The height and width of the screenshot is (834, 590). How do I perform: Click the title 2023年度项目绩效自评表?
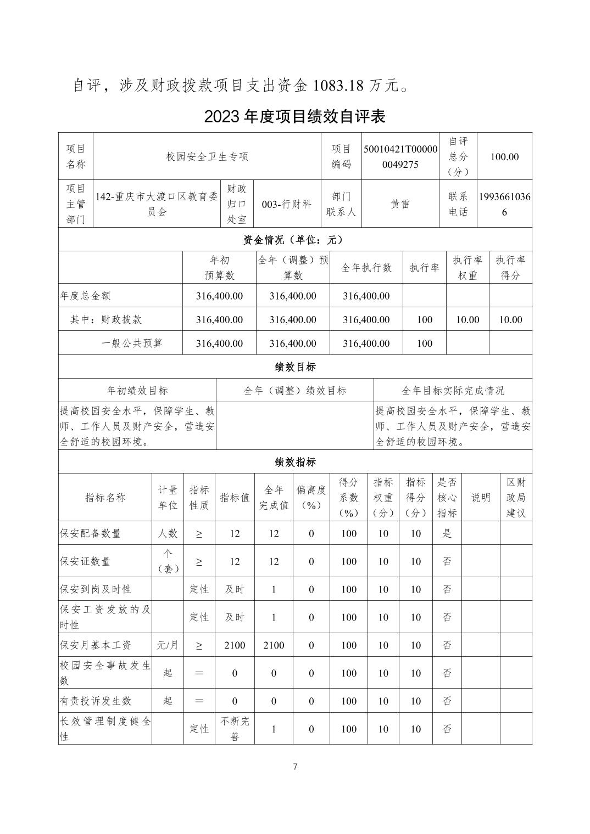pyautogui.click(x=294, y=116)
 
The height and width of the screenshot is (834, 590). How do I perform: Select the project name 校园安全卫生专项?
pyautogui.click(x=207, y=157)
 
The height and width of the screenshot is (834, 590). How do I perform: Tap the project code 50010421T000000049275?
pyautogui.click(x=400, y=157)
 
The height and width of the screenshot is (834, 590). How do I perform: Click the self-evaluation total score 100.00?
pyautogui.click(x=504, y=157)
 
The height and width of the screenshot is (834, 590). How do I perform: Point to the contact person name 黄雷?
pyautogui.click(x=400, y=204)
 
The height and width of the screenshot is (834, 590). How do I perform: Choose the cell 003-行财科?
pyautogui.click(x=286, y=204)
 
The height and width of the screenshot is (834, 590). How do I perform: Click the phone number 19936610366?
pyautogui.click(x=504, y=204)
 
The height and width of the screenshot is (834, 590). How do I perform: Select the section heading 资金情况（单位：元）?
pyautogui.click(x=294, y=240)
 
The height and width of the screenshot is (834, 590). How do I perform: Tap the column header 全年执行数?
pyautogui.click(x=366, y=268)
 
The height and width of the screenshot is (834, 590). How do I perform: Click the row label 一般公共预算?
pyautogui.click(x=132, y=343)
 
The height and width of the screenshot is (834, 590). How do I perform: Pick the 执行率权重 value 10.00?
pyautogui.click(x=467, y=320)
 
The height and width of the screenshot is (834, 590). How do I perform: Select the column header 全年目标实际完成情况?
pyautogui.click(x=453, y=391)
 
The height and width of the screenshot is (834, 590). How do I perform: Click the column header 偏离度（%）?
pyautogui.click(x=311, y=498)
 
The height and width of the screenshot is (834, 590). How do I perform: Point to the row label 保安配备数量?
pyautogui.click(x=91, y=533)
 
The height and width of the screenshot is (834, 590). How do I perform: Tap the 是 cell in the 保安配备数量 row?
pyautogui.click(x=447, y=533)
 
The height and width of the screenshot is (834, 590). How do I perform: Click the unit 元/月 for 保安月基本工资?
pyautogui.click(x=168, y=645)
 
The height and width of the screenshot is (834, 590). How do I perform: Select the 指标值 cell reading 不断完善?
pyautogui.click(x=235, y=729)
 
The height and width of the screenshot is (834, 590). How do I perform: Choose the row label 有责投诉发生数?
pyautogui.click(x=96, y=701)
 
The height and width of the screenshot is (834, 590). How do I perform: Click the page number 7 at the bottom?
pyautogui.click(x=295, y=767)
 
